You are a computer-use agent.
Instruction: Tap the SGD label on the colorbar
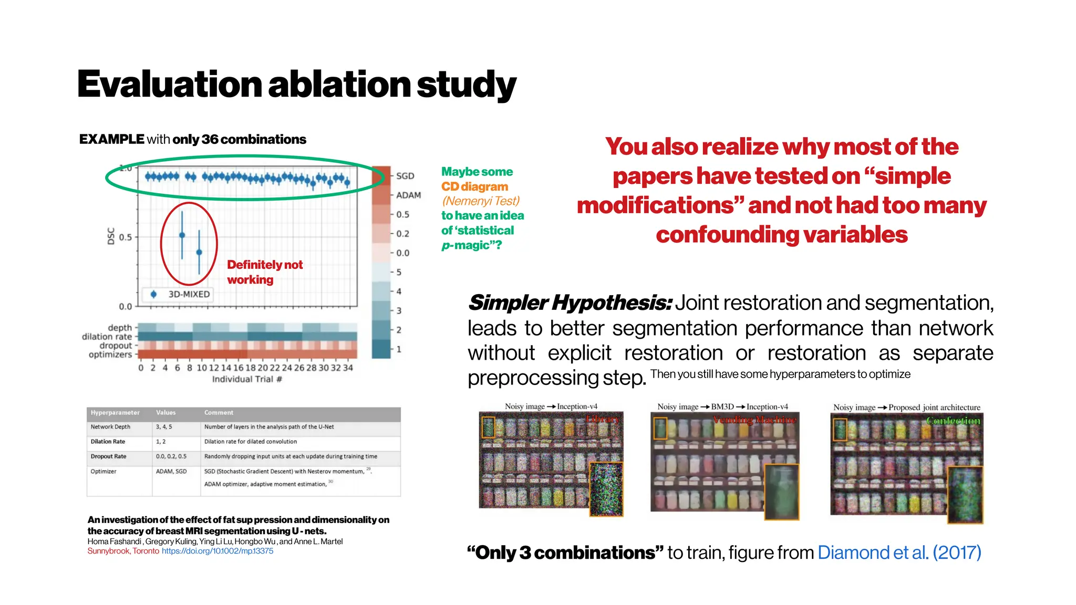[405, 176]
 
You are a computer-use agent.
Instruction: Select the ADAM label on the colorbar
[408, 195]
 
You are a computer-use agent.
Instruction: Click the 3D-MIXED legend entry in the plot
[188, 294]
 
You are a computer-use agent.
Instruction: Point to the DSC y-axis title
[111, 236]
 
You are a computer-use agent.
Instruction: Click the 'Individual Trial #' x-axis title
[247, 379]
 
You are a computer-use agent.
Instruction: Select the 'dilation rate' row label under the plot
[107, 337]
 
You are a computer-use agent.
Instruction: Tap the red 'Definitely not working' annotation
[264, 272]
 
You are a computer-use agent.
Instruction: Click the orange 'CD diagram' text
[474, 186]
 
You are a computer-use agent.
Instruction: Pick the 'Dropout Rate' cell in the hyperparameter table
[108, 456]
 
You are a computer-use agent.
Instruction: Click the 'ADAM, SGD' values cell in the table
[171, 472]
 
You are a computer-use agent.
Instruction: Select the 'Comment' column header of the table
[219, 413]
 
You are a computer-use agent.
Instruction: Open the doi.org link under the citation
[217, 551]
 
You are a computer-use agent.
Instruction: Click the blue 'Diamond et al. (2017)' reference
[899, 552]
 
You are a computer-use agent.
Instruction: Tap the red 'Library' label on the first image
[603, 419]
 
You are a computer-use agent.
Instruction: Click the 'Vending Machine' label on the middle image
[754, 420]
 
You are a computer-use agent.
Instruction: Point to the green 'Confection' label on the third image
[953, 421]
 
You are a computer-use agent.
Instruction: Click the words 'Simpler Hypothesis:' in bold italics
[569, 303]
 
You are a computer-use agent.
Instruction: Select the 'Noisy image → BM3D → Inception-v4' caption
[722, 406]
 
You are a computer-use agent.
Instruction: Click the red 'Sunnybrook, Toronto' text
[123, 551]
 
